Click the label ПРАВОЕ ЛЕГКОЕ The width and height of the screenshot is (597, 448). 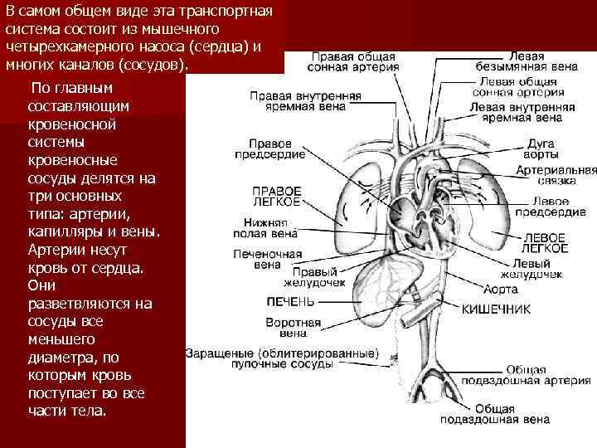point(276,196)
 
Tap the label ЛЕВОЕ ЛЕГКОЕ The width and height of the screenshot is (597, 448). point(545,242)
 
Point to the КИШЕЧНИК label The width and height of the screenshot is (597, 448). point(496,308)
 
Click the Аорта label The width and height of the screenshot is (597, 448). point(502,290)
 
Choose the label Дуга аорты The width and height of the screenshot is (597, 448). point(540,149)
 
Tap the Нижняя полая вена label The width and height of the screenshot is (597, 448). point(266,227)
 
